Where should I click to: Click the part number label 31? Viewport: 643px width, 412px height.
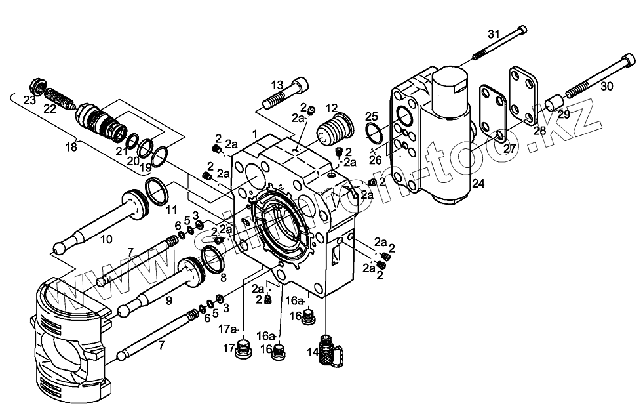(x=494, y=34)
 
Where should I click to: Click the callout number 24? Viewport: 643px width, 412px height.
(x=478, y=184)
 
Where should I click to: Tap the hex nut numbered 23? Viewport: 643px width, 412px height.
(x=37, y=87)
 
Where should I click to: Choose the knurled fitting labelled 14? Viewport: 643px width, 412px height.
(x=326, y=349)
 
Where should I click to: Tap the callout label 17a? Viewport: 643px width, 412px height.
(x=227, y=328)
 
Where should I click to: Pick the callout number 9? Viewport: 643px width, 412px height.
(x=168, y=300)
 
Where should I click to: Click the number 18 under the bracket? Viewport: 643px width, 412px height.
(x=71, y=146)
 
